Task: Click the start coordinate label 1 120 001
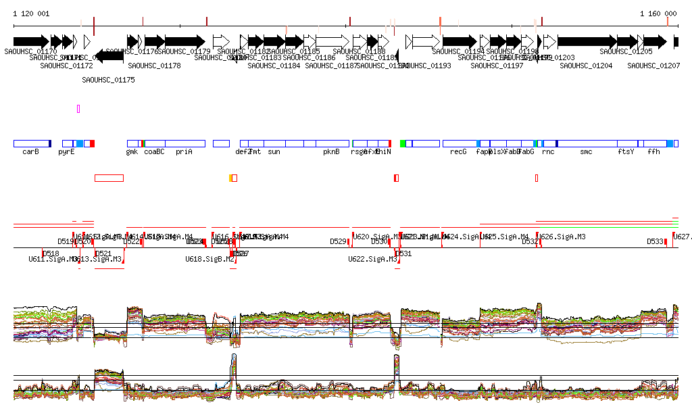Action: [x=31, y=14]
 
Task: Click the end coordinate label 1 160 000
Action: [x=658, y=14]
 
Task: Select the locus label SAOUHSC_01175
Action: [x=108, y=80]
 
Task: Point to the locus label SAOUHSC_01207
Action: [x=653, y=66]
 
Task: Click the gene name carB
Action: [x=30, y=152]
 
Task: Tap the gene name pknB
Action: [x=331, y=152]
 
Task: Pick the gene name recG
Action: [x=458, y=152]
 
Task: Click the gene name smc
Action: [x=586, y=152]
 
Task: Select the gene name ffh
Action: [x=653, y=152]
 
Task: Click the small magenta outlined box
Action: [x=78, y=108]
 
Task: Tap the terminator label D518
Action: [x=51, y=253]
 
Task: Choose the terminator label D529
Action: [x=338, y=241]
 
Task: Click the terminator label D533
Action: [x=655, y=241]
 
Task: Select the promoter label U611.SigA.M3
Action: [x=52, y=259]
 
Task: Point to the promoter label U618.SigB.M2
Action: [x=209, y=259]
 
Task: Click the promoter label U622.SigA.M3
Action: [x=372, y=259]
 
